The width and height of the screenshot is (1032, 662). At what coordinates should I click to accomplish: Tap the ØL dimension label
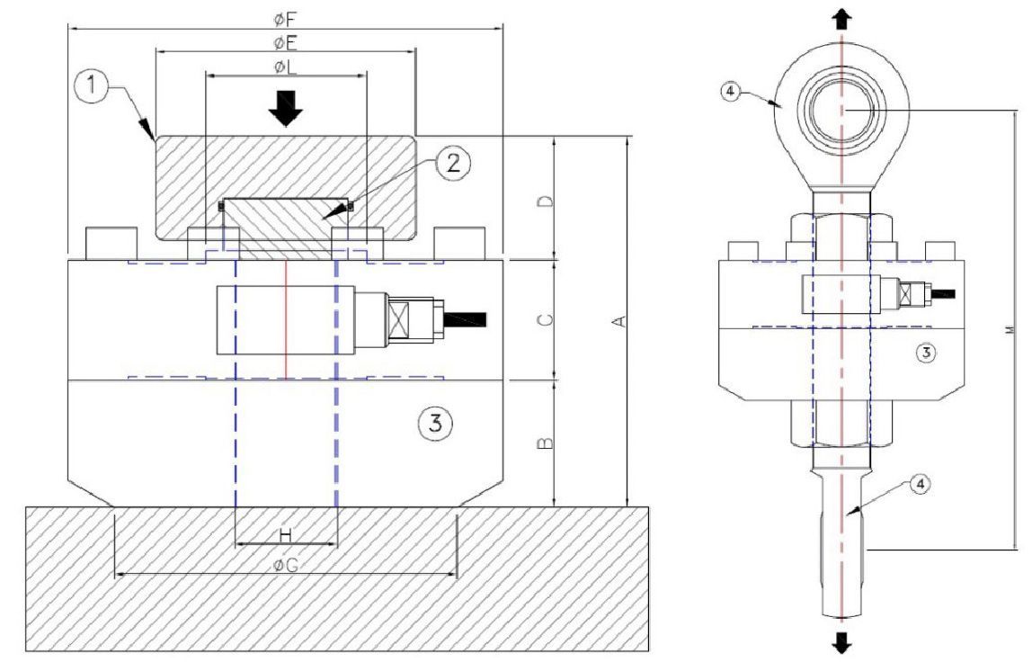click(x=285, y=67)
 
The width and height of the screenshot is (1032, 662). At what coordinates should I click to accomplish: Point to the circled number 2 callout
click(x=454, y=163)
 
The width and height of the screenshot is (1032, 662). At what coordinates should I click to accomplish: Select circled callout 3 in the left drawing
click(x=436, y=421)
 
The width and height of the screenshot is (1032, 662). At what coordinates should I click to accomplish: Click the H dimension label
click(x=285, y=535)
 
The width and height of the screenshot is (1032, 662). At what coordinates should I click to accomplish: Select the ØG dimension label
click(x=285, y=565)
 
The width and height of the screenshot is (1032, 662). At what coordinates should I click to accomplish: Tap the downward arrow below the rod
click(x=841, y=642)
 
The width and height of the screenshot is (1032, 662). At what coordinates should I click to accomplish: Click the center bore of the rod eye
click(x=841, y=110)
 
